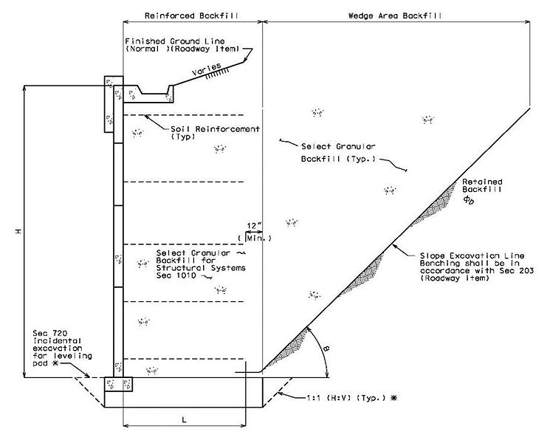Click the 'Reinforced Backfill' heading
(x=191, y=16)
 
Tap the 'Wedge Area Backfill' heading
(x=395, y=16)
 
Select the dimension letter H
(x=18, y=231)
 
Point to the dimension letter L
(x=184, y=419)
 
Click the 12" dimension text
(x=254, y=226)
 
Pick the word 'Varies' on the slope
(x=207, y=69)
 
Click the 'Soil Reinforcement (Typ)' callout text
(x=215, y=133)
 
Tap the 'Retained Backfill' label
(x=482, y=185)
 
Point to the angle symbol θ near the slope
(x=326, y=348)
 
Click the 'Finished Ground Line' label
(x=175, y=41)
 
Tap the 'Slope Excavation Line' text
(x=472, y=255)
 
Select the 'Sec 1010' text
(x=176, y=275)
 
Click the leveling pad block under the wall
(x=118, y=385)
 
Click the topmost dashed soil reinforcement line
(x=183, y=115)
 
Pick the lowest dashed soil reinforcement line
(x=183, y=359)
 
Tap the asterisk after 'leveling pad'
(x=55, y=363)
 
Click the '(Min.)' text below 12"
(x=255, y=238)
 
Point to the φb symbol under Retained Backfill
(x=468, y=199)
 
